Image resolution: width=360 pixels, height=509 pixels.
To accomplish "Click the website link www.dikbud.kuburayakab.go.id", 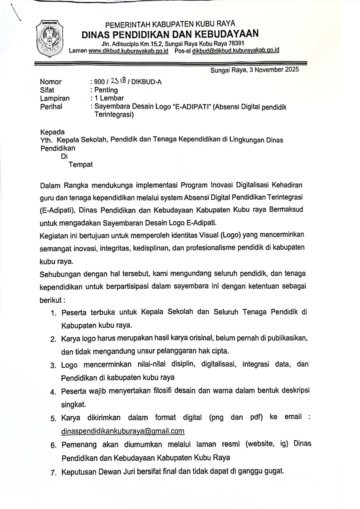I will click(128, 51).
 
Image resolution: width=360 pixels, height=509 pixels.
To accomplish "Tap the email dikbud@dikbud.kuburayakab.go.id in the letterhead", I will click(235, 50).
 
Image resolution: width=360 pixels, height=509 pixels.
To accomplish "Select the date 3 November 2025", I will click(274, 70).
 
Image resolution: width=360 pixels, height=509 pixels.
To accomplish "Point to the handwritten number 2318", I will click(119, 81).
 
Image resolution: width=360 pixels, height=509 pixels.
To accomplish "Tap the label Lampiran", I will click(55, 98).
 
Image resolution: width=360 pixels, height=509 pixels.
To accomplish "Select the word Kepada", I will click(52, 132).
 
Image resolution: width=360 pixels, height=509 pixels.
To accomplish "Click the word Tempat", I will click(81, 164).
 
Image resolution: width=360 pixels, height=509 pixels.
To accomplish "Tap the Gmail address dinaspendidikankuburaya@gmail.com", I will click(123, 431).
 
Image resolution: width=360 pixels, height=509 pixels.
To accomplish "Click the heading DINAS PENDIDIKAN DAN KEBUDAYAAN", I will click(170, 34).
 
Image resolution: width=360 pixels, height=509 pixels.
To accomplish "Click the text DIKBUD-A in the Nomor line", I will click(146, 82).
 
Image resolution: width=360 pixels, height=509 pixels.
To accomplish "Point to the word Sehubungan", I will click(60, 275).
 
